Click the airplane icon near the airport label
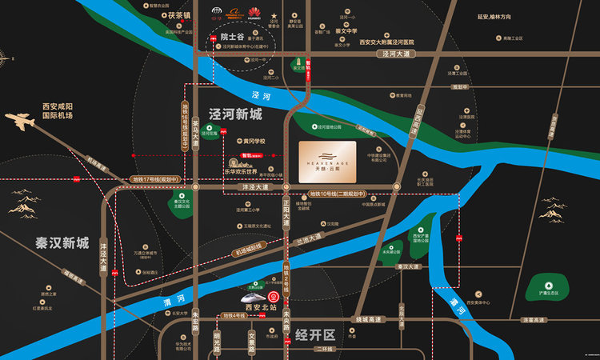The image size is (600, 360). pyautogui.click(x=23, y=122)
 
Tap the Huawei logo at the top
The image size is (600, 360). pyautogui.click(x=255, y=11)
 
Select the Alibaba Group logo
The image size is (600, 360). pyautogui.click(x=234, y=11)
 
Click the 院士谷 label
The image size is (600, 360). pyautogui.click(x=231, y=36)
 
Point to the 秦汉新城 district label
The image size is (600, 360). pyautogui.click(x=62, y=242)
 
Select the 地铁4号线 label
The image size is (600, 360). pyautogui.click(x=239, y=317)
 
